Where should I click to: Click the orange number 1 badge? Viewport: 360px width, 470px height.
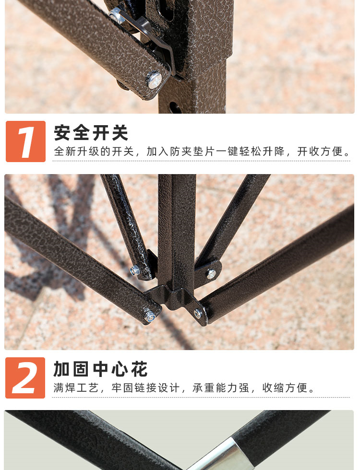(x=25, y=141)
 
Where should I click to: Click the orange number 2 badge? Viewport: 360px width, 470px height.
(x=25, y=378)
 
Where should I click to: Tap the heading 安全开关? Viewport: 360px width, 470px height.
(x=91, y=133)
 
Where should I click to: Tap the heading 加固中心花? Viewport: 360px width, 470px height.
(x=100, y=369)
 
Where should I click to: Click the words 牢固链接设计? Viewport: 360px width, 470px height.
(x=145, y=388)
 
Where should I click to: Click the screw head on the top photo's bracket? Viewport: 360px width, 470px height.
(x=154, y=80)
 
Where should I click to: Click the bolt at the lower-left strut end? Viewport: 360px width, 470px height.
(x=149, y=316)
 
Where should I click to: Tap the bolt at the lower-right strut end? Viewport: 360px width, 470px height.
(x=198, y=314)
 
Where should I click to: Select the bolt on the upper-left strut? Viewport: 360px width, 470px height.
(x=135, y=270)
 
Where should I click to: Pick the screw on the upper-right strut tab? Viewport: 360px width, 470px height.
(x=211, y=274)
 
